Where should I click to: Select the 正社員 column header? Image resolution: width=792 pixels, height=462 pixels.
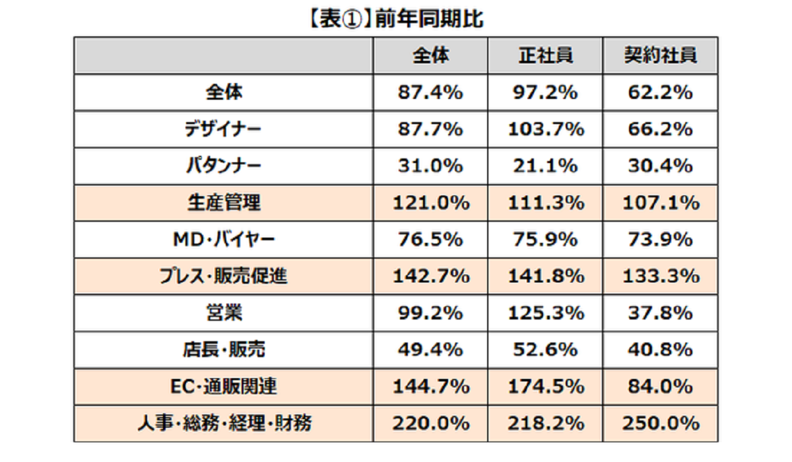pos(546,56)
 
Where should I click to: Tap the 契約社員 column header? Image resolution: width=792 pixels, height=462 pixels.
pos(661,56)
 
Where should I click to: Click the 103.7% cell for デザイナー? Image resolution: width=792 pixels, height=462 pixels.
pos(546,130)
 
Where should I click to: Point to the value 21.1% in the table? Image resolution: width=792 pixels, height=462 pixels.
pos(546,166)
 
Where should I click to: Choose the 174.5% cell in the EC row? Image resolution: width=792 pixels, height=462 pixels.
pos(546,386)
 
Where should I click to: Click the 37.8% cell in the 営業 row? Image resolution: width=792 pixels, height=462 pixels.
pos(661,313)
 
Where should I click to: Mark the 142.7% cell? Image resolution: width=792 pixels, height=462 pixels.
pos(430,277)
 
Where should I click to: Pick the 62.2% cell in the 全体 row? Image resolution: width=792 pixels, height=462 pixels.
pos(661,93)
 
